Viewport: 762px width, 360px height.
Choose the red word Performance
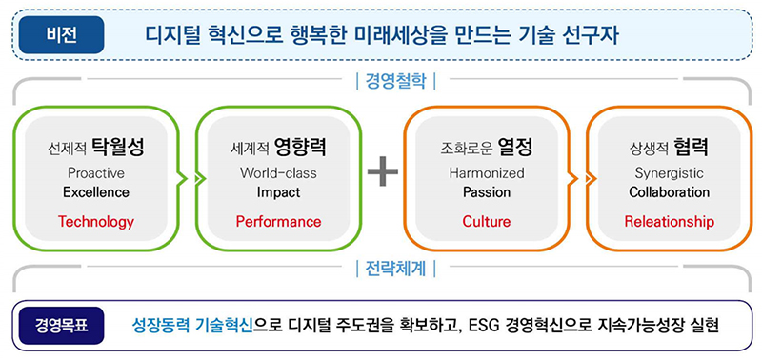point(278,222)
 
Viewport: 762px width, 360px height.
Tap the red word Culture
point(487,222)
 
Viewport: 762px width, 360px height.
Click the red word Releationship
point(669,222)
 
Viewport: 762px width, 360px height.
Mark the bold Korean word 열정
point(512,148)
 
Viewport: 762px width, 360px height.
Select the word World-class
point(278,173)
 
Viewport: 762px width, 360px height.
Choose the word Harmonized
point(487,173)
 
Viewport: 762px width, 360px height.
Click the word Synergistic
point(669,173)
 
